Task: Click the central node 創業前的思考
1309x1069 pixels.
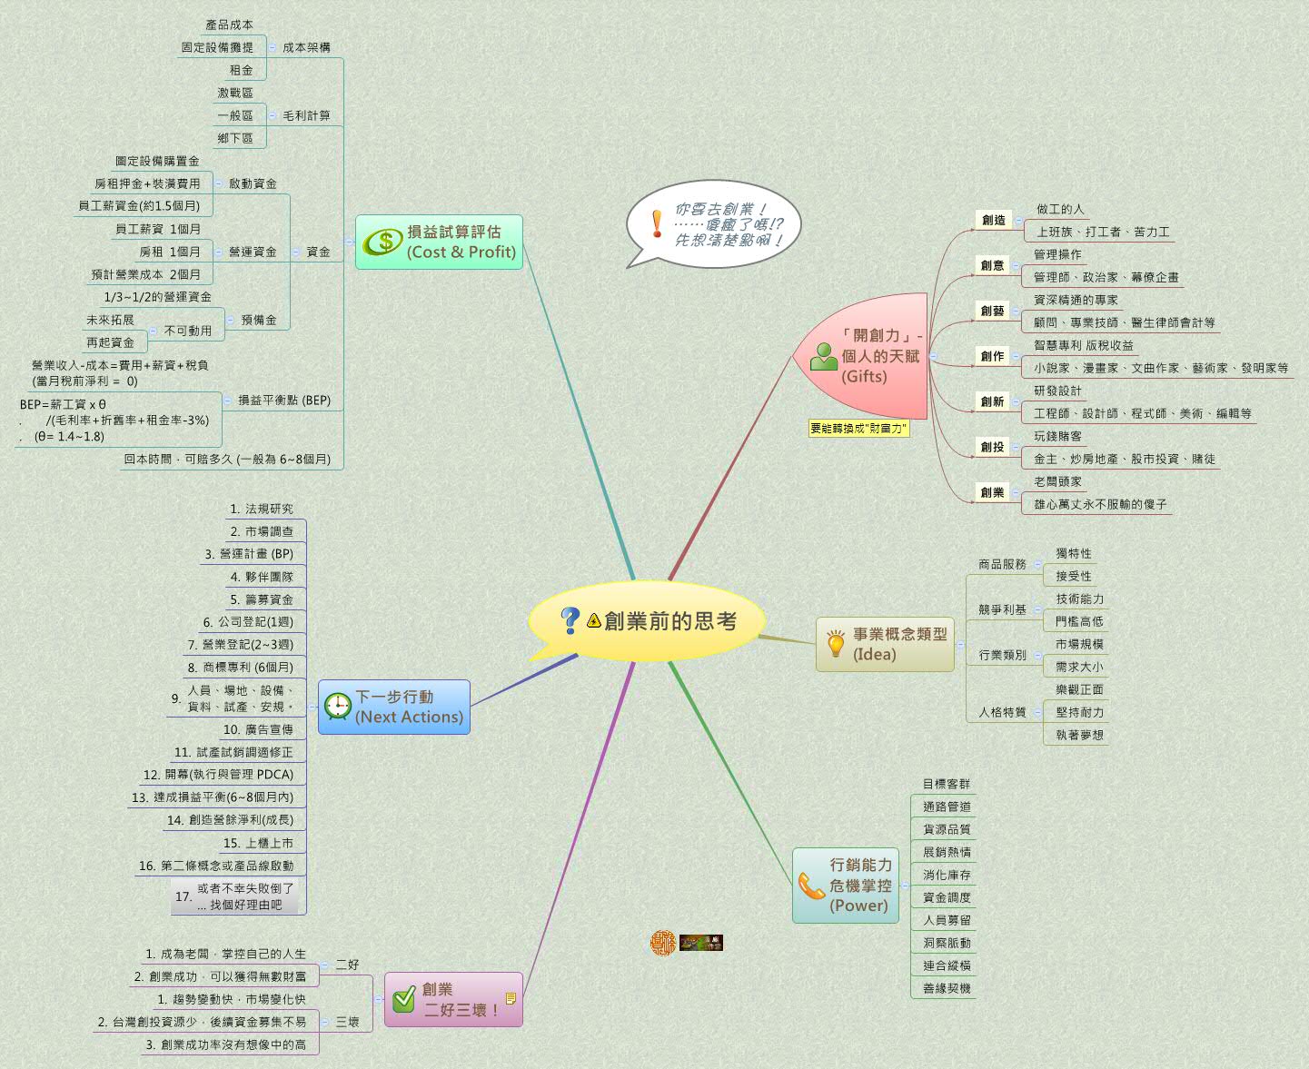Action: pyautogui.click(x=669, y=621)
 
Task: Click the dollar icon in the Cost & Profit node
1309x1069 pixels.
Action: pyautogui.click(x=384, y=242)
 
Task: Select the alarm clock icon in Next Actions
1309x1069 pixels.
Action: pyautogui.click(x=338, y=707)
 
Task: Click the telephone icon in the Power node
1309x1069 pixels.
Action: pyautogui.click(x=810, y=886)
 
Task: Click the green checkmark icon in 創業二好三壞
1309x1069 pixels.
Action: pyautogui.click(x=403, y=1000)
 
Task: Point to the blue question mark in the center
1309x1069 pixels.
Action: pyautogui.click(x=570, y=620)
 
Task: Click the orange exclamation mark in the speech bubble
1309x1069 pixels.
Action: pyautogui.click(x=657, y=223)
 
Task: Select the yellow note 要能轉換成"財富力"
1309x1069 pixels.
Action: pyautogui.click(x=858, y=429)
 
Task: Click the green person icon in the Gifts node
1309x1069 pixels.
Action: pyautogui.click(x=823, y=357)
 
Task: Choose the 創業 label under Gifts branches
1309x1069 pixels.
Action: pyautogui.click(x=992, y=492)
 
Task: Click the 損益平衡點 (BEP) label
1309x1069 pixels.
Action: pyautogui.click(x=284, y=400)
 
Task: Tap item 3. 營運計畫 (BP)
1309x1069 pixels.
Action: pyautogui.click(x=249, y=554)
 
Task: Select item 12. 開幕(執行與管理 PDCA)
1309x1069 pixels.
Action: pyautogui.click(x=218, y=775)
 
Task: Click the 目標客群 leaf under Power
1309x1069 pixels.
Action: pyautogui.click(x=946, y=784)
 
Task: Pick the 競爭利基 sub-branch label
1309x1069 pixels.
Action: pyautogui.click(x=1002, y=609)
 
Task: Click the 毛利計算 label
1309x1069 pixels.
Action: pyautogui.click(x=306, y=115)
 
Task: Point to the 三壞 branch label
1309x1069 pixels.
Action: pyautogui.click(x=348, y=1022)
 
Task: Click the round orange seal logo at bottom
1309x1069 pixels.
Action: pyautogui.click(x=663, y=943)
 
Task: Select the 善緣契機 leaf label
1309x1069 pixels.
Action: pyautogui.click(x=947, y=988)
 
